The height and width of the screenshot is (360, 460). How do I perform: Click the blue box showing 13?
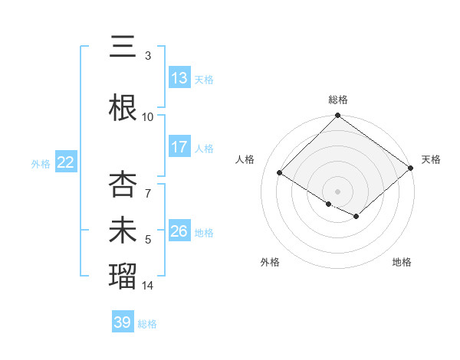click(x=179, y=78)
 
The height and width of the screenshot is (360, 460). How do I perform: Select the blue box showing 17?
click(x=179, y=147)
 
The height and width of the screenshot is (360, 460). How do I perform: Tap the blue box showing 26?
click(x=179, y=231)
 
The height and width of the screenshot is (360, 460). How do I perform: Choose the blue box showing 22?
click(x=66, y=162)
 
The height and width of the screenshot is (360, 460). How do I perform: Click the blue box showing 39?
click(x=123, y=322)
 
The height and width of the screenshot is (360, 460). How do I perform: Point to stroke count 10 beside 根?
click(x=148, y=116)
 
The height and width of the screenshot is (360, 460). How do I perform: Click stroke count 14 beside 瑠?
click(x=148, y=286)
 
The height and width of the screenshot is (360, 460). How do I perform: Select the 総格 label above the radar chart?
click(x=338, y=100)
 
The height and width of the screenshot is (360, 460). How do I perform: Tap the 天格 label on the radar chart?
click(x=431, y=159)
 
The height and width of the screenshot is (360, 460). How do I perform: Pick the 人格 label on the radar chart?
click(x=245, y=159)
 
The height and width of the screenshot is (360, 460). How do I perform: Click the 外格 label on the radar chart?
click(x=270, y=263)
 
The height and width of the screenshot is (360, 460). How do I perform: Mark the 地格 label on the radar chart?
click(x=402, y=263)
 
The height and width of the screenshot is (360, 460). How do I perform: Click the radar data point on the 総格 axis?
click(x=338, y=116)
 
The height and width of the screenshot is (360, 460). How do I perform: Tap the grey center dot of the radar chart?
click(x=338, y=191)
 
